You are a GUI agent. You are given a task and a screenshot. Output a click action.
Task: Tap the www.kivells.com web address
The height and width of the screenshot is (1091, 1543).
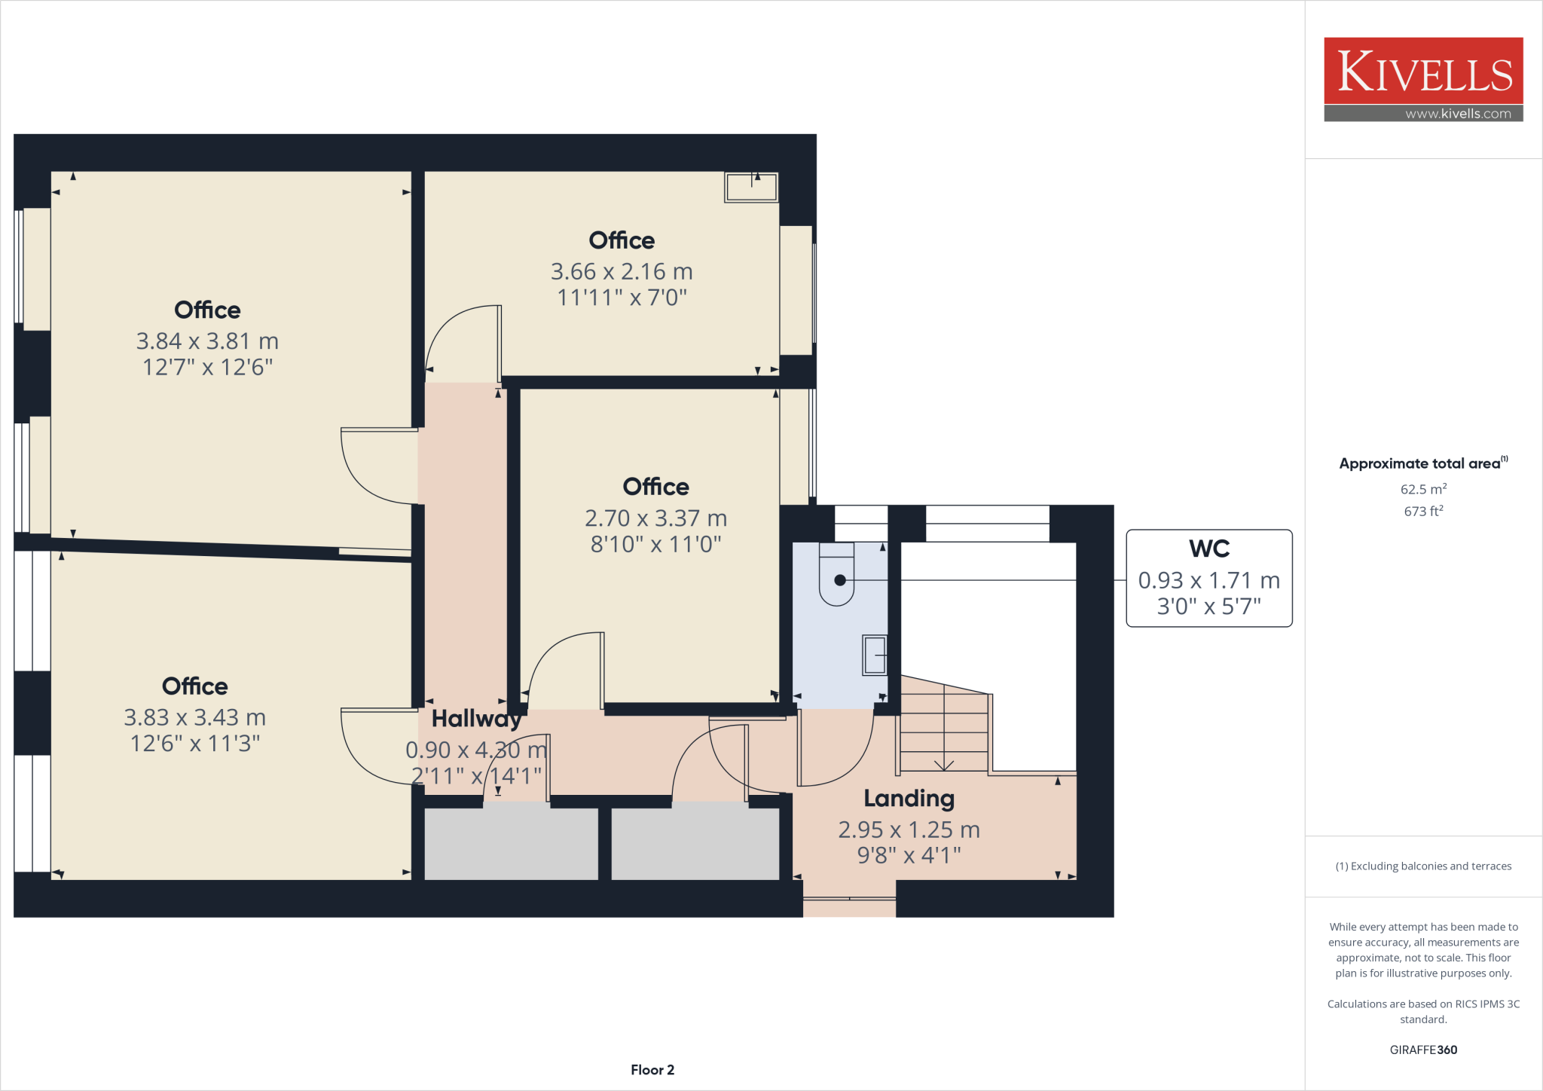1458,114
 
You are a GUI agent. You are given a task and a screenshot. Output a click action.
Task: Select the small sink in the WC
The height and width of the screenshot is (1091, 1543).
875,655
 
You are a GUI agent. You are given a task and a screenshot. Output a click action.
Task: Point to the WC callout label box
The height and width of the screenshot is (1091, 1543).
1208,578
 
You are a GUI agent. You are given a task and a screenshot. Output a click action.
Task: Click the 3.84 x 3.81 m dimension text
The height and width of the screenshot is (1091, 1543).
207,341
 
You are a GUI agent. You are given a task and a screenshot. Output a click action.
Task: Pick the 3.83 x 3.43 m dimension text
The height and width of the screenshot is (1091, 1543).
194,717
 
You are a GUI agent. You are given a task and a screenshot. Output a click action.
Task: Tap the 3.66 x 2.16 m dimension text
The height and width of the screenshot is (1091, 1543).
622,271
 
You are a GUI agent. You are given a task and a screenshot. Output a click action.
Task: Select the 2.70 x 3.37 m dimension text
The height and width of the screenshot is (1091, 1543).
655,518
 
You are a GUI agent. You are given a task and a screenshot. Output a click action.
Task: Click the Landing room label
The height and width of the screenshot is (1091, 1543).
909,798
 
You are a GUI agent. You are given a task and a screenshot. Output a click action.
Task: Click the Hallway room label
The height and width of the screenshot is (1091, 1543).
476,719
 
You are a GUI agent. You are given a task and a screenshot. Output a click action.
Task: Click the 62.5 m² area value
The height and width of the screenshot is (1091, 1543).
1423,489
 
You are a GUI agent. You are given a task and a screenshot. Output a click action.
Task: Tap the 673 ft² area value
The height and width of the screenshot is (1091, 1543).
1423,511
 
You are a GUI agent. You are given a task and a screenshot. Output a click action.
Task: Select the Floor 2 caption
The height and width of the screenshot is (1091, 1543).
652,1070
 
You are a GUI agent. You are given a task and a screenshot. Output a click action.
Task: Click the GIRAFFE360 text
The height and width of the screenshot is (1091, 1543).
1423,1050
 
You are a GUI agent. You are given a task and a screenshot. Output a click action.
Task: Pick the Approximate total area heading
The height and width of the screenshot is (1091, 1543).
1419,463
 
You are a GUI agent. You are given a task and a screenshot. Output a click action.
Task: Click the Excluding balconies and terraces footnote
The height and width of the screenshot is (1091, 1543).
1423,866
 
